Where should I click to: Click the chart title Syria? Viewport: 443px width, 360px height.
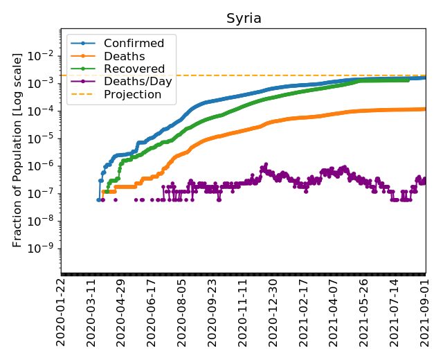click(x=244, y=19)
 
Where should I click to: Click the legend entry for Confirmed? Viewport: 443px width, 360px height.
click(x=134, y=44)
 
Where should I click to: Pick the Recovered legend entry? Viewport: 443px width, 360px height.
click(x=134, y=69)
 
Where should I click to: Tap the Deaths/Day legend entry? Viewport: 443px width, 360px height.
click(x=138, y=82)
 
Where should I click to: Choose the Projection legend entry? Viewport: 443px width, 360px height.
click(x=132, y=94)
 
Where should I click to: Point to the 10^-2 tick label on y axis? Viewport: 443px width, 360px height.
click(x=46, y=55)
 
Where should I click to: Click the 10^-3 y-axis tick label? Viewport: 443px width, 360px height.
click(x=46, y=82)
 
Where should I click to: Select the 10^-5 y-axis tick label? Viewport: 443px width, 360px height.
click(x=46, y=138)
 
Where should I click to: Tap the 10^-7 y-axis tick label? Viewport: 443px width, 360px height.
click(x=46, y=193)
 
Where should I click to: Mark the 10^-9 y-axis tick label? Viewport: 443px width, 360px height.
click(x=46, y=249)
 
